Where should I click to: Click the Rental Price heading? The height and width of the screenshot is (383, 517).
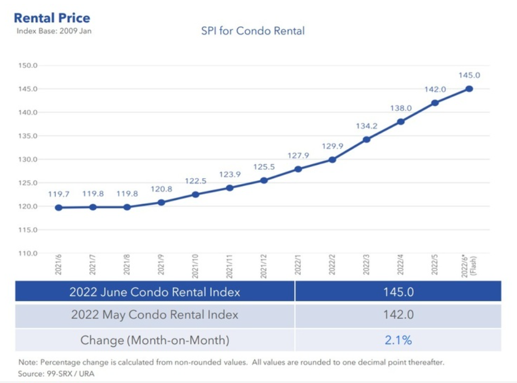click(x=52, y=18)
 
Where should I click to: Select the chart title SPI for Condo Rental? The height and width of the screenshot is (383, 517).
click(x=253, y=31)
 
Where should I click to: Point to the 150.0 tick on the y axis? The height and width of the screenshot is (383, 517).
click(x=28, y=66)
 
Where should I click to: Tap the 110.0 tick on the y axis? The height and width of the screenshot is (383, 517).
click(x=28, y=253)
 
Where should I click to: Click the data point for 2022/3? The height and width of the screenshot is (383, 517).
click(x=366, y=139)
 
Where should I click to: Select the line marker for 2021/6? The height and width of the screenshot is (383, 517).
click(x=58, y=208)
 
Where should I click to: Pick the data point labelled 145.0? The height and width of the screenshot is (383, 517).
click(x=469, y=89)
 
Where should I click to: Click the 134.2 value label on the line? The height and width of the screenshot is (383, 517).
click(x=367, y=126)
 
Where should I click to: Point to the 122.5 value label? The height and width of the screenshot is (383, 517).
click(x=196, y=181)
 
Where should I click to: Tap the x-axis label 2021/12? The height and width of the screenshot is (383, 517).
click(x=264, y=265)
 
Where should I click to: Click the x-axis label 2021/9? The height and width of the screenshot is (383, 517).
click(x=162, y=265)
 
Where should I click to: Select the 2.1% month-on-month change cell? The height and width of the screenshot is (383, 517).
click(x=398, y=340)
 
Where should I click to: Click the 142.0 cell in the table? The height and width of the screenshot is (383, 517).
click(x=398, y=315)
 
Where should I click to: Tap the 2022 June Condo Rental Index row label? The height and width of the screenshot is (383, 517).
click(x=154, y=291)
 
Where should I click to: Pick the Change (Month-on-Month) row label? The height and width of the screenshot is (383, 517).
click(x=154, y=340)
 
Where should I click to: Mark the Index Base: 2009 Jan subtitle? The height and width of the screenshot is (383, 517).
click(x=54, y=31)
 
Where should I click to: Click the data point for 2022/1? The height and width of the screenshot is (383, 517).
click(x=298, y=169)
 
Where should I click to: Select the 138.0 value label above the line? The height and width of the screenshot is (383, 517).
click(x=401, y=108)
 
